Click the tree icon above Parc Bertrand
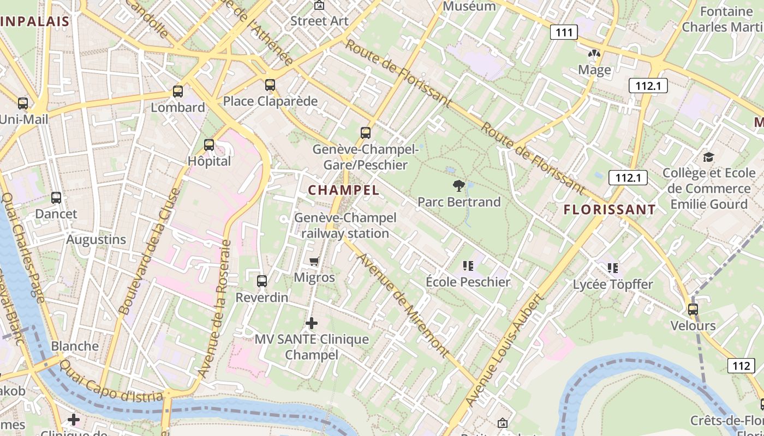coord(458,186)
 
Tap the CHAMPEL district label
coord(343,190)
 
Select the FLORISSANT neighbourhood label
coord(610,209)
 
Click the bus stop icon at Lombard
coord(178,92)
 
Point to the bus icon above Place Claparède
coord(270,85)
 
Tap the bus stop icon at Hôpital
coord(209,145)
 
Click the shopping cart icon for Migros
coord(314,262)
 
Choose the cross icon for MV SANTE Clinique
coord(312,323)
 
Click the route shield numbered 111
coord(564,32)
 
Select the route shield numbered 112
coord(742,366)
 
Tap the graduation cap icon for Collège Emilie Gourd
coord(708,158)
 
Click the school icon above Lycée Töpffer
coord(613,268)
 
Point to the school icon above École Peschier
coord(468,266)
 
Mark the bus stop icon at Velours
coord(693,310)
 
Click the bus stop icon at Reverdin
coord(262,281)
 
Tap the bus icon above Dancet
coord(56,198)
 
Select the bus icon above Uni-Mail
coord(23,103)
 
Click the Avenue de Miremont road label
coord(403,305)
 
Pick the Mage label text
coord(594,70)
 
